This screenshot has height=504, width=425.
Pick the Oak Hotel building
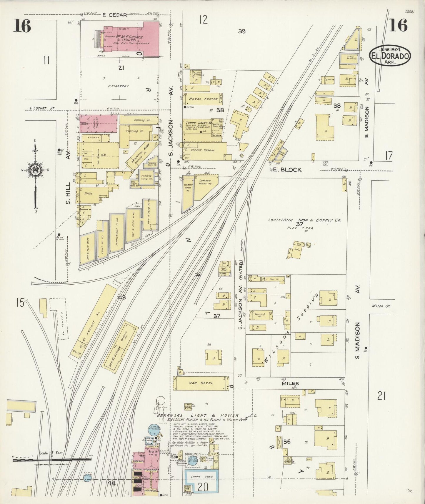201,383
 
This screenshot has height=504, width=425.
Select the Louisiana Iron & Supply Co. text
304,220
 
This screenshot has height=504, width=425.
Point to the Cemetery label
118,86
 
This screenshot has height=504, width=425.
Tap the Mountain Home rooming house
138,156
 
